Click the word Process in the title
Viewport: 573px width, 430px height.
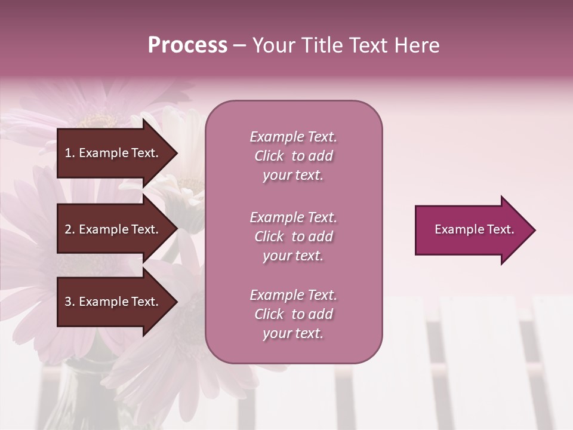[x=187, y=45]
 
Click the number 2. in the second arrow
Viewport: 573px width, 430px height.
[x=70, y=229]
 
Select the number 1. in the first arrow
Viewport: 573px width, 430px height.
[x=70, y=153]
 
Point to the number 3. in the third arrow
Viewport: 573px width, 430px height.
[x=70, y=302]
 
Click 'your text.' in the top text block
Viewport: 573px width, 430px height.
[x=293, y=176]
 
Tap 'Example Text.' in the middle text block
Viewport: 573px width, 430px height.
[x=293, y=217]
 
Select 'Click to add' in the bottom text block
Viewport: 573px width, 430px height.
[x=293, y=314]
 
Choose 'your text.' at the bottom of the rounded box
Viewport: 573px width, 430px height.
[x=293, y=334]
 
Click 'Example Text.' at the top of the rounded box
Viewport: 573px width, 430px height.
[x=293, y=137]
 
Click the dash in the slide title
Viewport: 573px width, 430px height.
[x=239, y=46]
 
